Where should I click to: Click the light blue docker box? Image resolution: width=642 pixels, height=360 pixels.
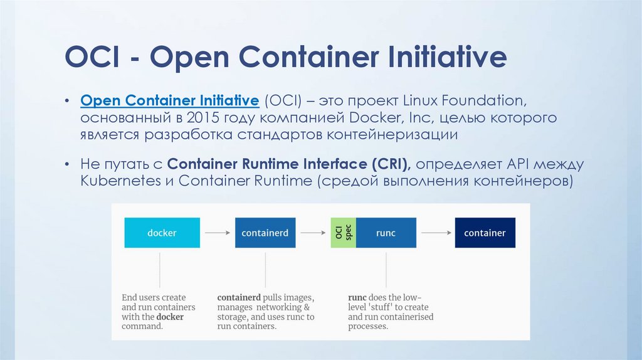162,233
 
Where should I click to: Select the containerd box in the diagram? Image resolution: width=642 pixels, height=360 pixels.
265,233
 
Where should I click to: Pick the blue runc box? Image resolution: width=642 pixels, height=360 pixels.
386,233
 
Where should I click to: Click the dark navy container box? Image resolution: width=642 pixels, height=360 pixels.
485,233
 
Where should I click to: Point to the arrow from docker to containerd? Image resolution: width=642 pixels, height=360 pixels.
218,233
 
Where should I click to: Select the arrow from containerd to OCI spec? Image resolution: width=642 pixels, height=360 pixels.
313,233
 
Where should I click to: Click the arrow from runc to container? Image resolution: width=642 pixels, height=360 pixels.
435,233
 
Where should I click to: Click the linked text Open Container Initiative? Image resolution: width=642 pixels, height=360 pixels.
170,100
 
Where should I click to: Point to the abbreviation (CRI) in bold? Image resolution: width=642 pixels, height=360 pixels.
390,164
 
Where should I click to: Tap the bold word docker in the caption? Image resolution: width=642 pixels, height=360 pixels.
170,317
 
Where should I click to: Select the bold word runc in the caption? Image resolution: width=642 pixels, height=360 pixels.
360,297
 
